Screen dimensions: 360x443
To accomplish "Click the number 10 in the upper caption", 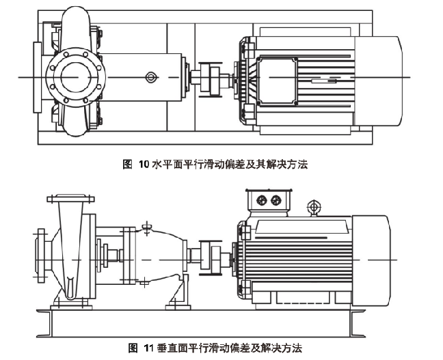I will pos(144,164).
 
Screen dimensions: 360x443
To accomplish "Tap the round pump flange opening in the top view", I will pos(75,77).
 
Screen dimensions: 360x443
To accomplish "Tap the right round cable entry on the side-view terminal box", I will pos(276,200).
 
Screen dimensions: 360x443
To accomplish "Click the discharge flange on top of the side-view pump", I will pos(70,199).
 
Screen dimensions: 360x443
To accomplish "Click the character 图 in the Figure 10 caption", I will pos(126,164).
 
